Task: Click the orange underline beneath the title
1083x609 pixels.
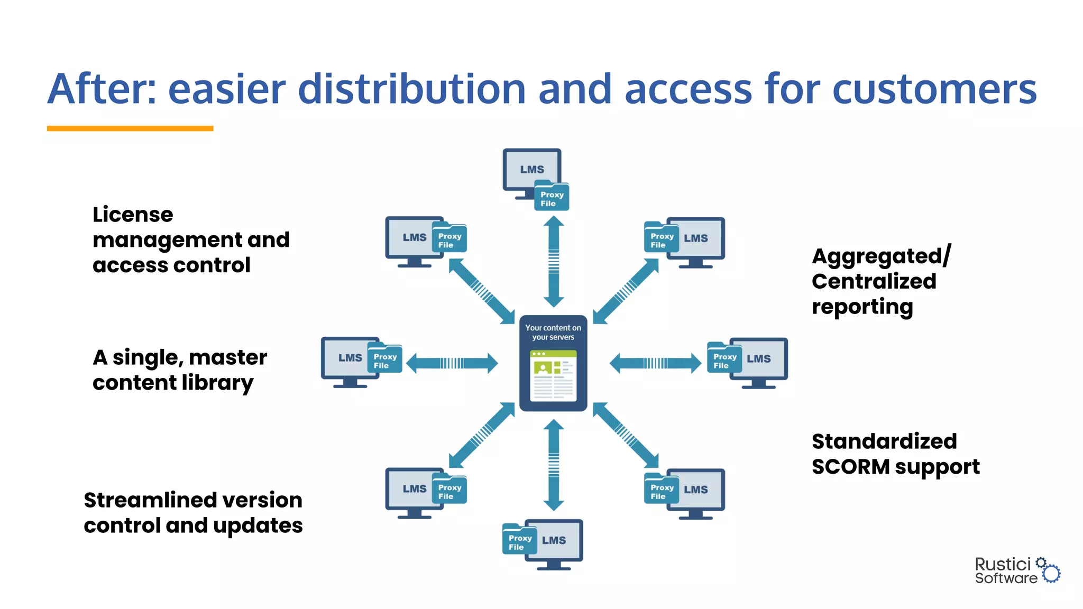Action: [130, 128]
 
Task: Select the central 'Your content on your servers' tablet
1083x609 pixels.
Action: [553, 364]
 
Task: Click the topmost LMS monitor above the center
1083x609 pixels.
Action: [531, 170]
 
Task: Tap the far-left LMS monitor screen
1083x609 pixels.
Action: [349, 358]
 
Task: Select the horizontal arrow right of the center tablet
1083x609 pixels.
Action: [655, 363]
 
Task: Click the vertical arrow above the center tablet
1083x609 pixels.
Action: [554, 261]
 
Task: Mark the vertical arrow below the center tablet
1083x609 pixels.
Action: [554, 465]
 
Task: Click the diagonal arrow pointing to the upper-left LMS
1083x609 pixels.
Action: [481, 290]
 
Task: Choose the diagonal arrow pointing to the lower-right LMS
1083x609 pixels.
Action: [626, 435]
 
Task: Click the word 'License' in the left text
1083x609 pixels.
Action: [133, 215]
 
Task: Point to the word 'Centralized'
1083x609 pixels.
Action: [874, 281]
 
